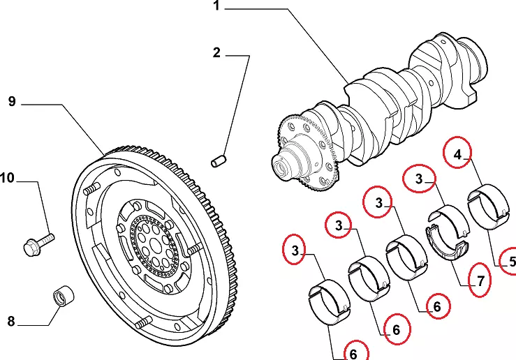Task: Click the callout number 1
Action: click(x=216, y=8)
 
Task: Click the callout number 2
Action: click(x=216, y=52)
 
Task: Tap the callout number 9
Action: click(x=12, y=102)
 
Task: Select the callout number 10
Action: click(x=7, y=179)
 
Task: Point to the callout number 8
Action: click(x=11, y=322)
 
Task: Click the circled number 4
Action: click(x=458, y=156)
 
